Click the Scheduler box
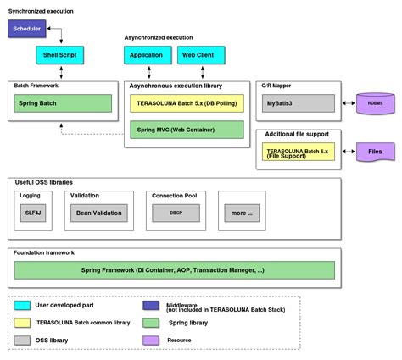click(26, 29)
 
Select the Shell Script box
click(59, 56)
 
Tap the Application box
click(146, 56)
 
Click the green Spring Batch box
click(63, 103)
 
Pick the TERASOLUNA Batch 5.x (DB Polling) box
click(186, 103)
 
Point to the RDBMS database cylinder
click(374, 103)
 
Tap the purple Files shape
click(374, 152)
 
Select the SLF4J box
click(32, 213)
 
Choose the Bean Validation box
click(99, 213)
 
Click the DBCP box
click(176, 213)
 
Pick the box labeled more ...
click(242, 213)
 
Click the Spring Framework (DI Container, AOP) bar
click(177, 270)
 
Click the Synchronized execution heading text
click(41, 10)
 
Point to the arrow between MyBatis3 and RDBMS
click(347, 103)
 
